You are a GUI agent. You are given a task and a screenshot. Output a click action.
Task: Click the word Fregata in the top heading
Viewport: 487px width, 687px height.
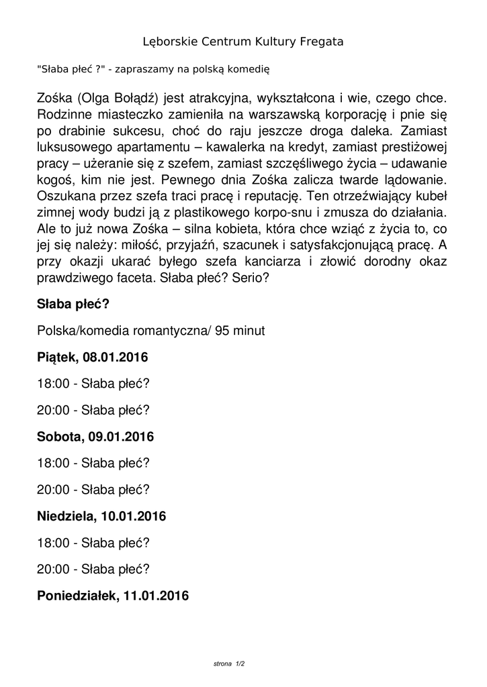321,42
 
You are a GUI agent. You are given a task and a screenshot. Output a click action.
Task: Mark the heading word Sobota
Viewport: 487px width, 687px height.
58,437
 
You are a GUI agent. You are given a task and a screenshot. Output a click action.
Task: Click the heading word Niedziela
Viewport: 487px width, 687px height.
66,517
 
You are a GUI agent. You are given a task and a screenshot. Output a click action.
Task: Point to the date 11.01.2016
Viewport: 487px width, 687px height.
156,596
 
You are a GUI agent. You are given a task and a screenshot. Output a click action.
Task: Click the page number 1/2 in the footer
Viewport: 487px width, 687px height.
240,664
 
